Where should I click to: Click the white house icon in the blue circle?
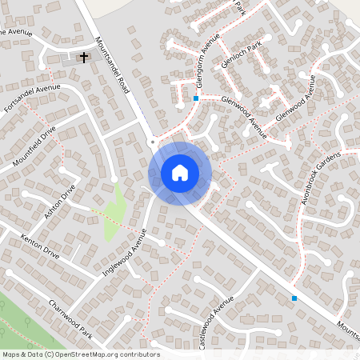click(180, 173)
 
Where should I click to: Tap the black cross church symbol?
click(82, 57)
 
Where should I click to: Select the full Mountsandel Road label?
click(111, 70)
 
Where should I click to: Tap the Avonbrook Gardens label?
click(322, 177)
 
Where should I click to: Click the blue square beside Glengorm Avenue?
click(196, 98)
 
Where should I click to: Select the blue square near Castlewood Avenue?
click(294, 298)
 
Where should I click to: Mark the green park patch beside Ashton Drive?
click(115, 213)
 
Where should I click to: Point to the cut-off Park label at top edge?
click(240, 6)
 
